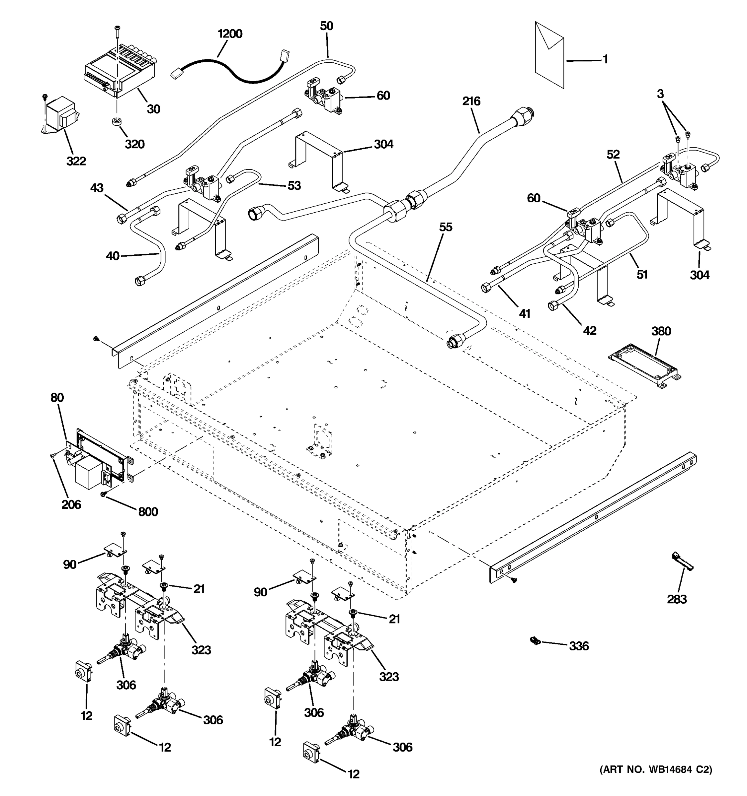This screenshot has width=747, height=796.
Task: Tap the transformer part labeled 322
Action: (60, 114)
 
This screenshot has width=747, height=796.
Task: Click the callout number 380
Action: (660, 331)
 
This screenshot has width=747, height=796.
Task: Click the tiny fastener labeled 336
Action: (534, 641)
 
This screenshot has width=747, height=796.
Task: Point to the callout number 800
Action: (147, 512)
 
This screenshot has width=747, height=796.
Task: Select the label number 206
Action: (71, 504)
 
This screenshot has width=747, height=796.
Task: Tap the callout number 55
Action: (445, 227)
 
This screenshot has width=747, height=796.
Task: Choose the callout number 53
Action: (294, 185)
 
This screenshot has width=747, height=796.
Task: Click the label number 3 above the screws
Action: (660, 94)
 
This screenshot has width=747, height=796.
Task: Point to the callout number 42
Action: (590, 330)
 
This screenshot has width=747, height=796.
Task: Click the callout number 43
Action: (97, 188)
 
